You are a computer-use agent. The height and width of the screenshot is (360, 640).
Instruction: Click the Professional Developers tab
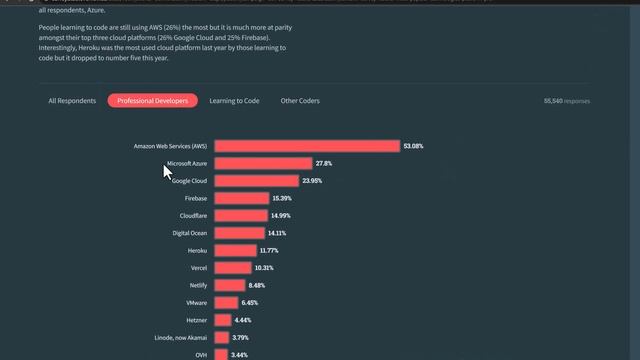[x=153, y=101]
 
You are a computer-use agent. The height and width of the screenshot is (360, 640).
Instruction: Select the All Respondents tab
[x=72, y=101]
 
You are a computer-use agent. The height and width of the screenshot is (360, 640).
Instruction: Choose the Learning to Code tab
[x=234, y=101]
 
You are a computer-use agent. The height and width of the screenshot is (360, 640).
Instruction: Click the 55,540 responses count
[x=566, y=101]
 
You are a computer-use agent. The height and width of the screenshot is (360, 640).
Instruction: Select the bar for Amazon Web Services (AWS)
[x=307, y=146]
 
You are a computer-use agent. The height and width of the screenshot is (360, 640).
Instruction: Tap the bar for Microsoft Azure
[x=263, y=163]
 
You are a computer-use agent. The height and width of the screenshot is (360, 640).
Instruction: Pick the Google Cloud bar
[x=256, y=181]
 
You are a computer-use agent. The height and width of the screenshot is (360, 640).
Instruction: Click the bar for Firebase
[x=241, y=198]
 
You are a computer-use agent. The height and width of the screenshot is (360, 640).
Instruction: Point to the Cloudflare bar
[x=240, y=216]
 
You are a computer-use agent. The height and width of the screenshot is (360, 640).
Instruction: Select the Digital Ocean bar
[x=239, y=233]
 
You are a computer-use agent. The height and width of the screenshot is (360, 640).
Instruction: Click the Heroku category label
[x=197, y=250]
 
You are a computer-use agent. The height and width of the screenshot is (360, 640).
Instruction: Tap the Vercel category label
[x=198, y=268]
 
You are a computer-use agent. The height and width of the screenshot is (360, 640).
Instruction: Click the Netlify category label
[x=197, y=285]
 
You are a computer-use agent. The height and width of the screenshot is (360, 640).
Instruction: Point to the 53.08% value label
[x=413, y=146]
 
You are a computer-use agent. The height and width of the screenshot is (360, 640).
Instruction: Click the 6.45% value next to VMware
[x=250, y=303]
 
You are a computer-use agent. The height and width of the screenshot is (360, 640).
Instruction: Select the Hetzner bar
[x=223, y=320]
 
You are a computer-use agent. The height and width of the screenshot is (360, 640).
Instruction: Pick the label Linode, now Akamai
[x=180, y=337]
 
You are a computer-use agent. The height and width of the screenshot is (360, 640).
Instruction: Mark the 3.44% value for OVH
[x=239, y=355]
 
